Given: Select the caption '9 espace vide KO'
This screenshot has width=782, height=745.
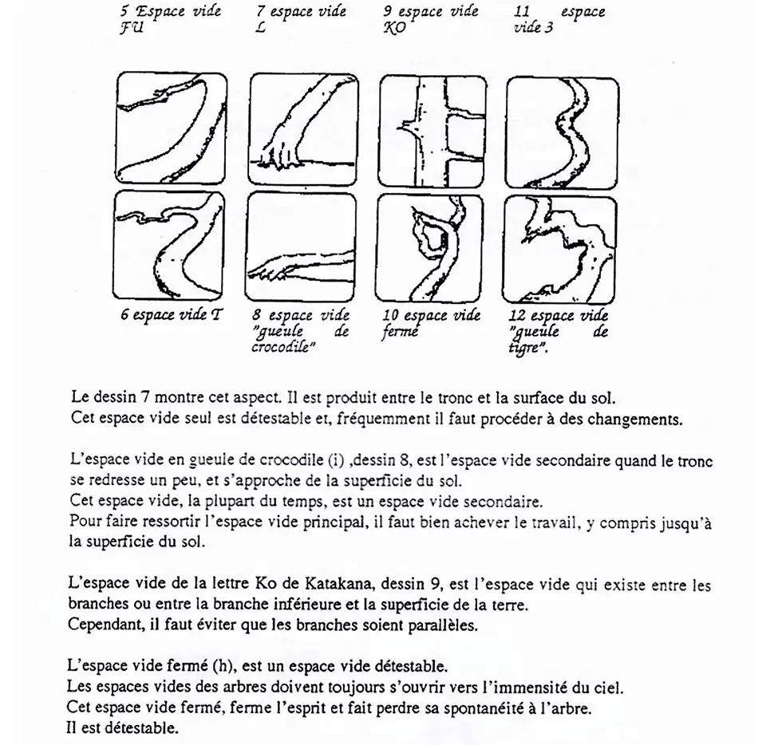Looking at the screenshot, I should click(x=430, y=19).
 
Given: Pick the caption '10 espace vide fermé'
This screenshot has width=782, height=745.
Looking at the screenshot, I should click(x=431, y=323).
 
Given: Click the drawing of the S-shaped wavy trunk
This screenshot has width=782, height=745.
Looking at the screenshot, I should click(x=561, y=131).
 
